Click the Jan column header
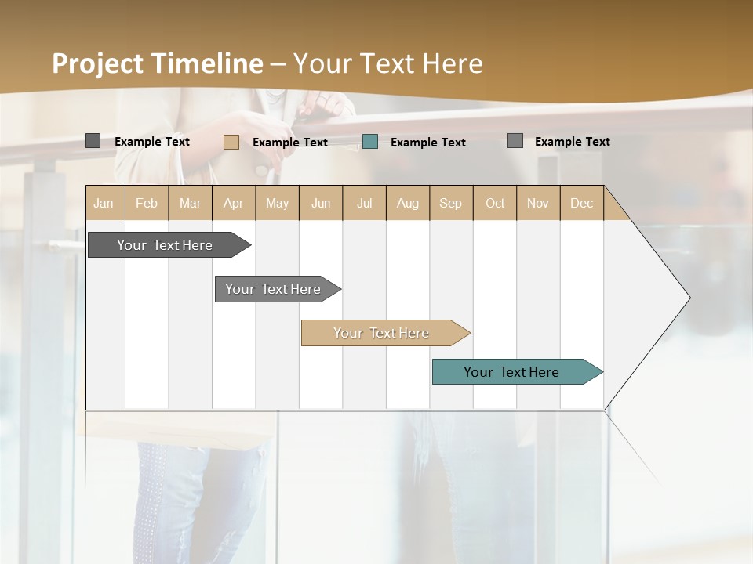coord(104,203)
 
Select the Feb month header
coord(147,203)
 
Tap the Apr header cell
coord(234,203)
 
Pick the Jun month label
coord(321,203)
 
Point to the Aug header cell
coord(408,203)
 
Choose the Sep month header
coord(451,203)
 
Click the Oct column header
coord(495,203)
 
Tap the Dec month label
coord(582,203)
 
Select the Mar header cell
coord(191,203)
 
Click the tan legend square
coord(231,142)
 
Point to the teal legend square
coord(370,142)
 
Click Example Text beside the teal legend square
coord(427,142)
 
